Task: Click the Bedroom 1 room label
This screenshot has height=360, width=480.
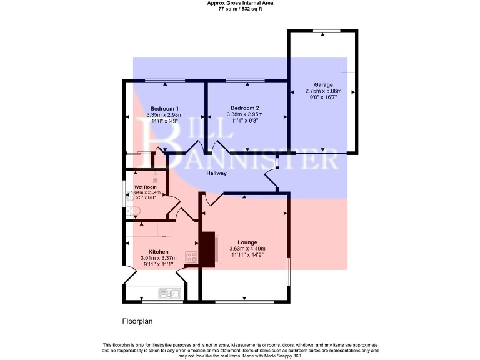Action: pos(165,108)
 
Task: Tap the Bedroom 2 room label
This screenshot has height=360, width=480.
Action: pos(244,107)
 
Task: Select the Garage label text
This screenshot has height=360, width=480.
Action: pos(323,84)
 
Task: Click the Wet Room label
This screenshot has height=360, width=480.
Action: pos(146,186)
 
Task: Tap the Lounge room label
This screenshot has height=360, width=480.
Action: pos(247,242)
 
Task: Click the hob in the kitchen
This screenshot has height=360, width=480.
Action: pos(191,257)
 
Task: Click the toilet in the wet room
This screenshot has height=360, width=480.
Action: pos(131,212)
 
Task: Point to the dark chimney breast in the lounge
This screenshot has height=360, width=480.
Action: pos(207,249)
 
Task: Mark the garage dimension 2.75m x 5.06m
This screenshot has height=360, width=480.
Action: pos(323,91)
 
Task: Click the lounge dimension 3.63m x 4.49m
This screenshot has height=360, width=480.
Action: pos(247,249)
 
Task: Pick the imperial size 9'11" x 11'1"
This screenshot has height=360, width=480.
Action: pos(158,264)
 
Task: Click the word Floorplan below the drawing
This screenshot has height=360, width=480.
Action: pos(137,321)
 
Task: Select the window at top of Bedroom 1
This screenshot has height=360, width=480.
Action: pos(165,81)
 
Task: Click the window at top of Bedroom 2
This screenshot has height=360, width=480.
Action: pos(244,81)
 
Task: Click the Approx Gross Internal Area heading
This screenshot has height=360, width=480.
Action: pos(240,3)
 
